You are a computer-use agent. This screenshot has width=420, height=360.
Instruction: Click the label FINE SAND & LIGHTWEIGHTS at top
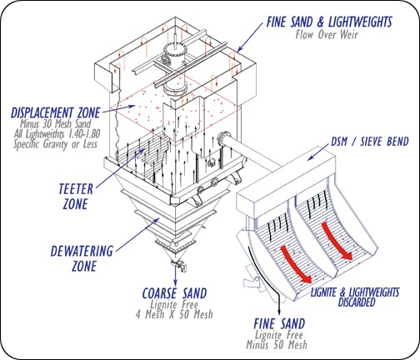pos(329,22)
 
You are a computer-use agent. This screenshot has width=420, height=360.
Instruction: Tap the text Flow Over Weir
pos(327,35)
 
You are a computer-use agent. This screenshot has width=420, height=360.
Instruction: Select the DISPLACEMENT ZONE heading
pos(55,113)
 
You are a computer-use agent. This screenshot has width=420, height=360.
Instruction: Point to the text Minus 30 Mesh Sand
pos(56,124)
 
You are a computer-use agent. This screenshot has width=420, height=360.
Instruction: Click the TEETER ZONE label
pos(76,197)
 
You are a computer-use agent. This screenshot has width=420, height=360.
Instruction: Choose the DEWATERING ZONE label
pos(82,258)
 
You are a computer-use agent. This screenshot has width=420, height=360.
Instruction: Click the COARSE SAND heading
pos(175,293)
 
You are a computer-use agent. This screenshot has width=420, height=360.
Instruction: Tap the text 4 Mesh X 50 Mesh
pos(174,314)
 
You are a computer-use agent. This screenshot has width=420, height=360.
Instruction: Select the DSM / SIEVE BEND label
pos(370,142)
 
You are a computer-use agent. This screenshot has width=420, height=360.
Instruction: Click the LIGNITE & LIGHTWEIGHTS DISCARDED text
pos(355,297)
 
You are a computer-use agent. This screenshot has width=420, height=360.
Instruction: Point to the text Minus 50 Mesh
pos(277,345)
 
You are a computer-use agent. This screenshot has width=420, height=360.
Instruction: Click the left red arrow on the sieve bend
pos(295,264)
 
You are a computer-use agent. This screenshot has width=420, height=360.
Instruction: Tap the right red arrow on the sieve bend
pos(337,242)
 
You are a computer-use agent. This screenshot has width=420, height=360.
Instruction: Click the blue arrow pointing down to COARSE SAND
pos(175,275)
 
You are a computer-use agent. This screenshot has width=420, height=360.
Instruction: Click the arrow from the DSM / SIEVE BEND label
pos(318,152)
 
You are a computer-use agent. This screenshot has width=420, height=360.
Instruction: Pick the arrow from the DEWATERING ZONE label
pos(137,235)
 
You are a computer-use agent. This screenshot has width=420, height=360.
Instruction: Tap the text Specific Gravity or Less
pos(56,144)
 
